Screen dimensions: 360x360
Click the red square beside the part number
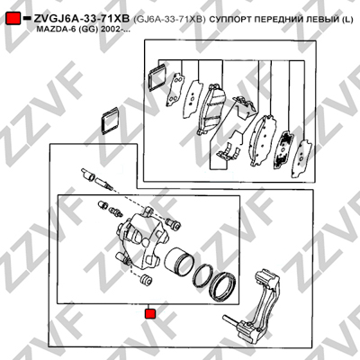(13, 18)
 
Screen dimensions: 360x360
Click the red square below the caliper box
(149, 314)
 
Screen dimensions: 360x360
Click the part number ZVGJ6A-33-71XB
(82, 19)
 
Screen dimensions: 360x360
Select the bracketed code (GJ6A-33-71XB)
(169, 19)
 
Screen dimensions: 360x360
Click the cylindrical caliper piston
(179, 262)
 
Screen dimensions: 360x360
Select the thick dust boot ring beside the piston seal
(222, 285)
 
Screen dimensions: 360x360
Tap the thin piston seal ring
(202, 276)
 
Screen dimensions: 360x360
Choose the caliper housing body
(141, 240)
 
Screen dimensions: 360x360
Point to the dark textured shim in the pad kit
(283, 149)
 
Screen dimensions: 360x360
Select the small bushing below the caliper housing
(146, 279)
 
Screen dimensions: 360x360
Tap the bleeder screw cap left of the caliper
(103, 205)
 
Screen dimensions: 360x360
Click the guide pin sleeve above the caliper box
(87, 175)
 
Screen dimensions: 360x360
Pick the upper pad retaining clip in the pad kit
(245, 107)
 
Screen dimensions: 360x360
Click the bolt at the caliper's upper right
(173, 223)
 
